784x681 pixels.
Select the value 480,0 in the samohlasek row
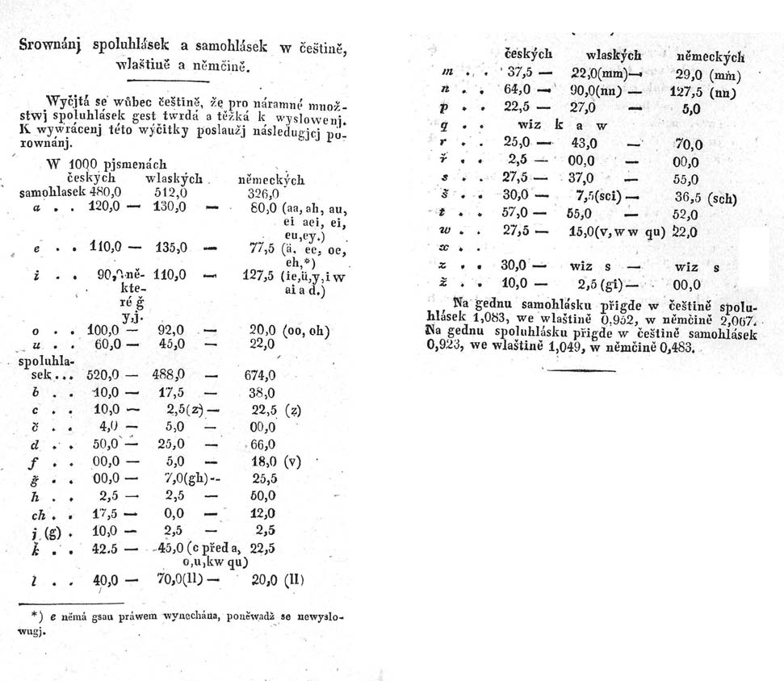(103, 193)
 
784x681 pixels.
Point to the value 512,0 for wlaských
(170, 193)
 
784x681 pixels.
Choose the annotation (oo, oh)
(307, 330)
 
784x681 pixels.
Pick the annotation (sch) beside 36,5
(724, 198)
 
